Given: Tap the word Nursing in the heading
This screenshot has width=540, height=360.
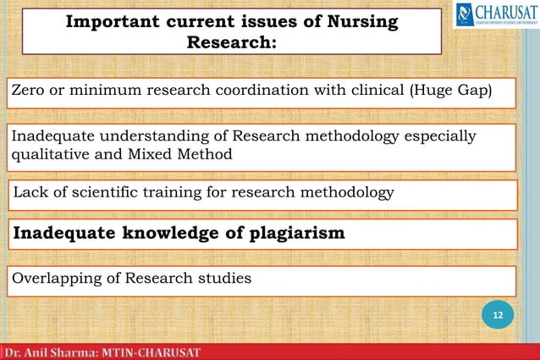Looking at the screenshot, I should (361, 23).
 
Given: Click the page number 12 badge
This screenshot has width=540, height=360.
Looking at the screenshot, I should (499, 316).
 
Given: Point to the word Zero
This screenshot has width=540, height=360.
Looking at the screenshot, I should (30, 91).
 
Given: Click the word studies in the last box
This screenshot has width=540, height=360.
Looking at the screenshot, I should (224, 279).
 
